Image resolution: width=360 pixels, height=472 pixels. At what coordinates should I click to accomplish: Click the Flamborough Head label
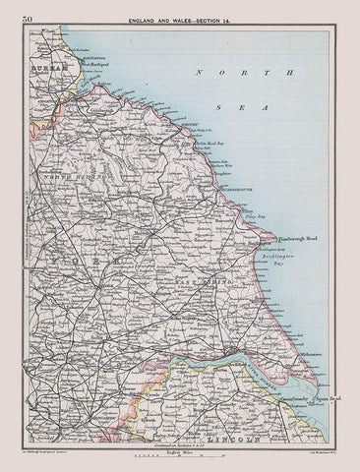click(286, 238)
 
